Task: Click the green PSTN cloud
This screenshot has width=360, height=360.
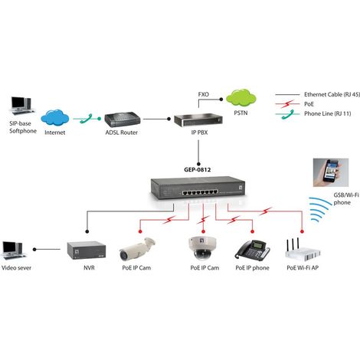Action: coord(241,97)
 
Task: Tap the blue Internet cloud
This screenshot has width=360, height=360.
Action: coord(55,118)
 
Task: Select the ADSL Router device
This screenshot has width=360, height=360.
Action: coord(123,120)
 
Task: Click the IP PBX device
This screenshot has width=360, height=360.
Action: coord(198,120)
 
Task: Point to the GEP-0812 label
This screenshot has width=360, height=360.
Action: coord(198,170)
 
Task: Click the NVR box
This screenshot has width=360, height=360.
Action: coord(87,250)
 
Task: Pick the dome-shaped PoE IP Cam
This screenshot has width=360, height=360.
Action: coord(202,247)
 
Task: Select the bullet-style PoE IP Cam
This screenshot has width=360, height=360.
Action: coord(137,249)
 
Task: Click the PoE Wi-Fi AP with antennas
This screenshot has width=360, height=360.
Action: coord(303,249)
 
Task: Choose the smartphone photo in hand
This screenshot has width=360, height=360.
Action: coord(331,172)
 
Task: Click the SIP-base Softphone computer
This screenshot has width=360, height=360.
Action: coord(22,106)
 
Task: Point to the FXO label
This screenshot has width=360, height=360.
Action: coord(204,94)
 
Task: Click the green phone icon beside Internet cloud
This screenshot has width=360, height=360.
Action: coord(87,119)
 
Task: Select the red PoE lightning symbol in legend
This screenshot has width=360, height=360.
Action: coord(288,104)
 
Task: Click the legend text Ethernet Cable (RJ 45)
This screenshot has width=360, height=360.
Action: coord(332,94)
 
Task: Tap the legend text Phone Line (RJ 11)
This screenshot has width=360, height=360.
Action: coord(328,113)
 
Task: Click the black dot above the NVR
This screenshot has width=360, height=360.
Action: coord(87,231)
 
